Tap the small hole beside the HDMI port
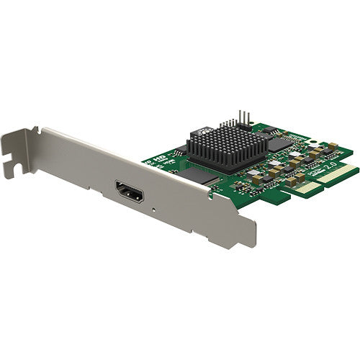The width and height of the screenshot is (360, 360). [155, 210]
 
